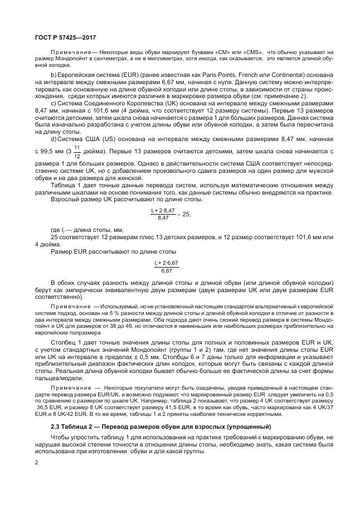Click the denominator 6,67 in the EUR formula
167,270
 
